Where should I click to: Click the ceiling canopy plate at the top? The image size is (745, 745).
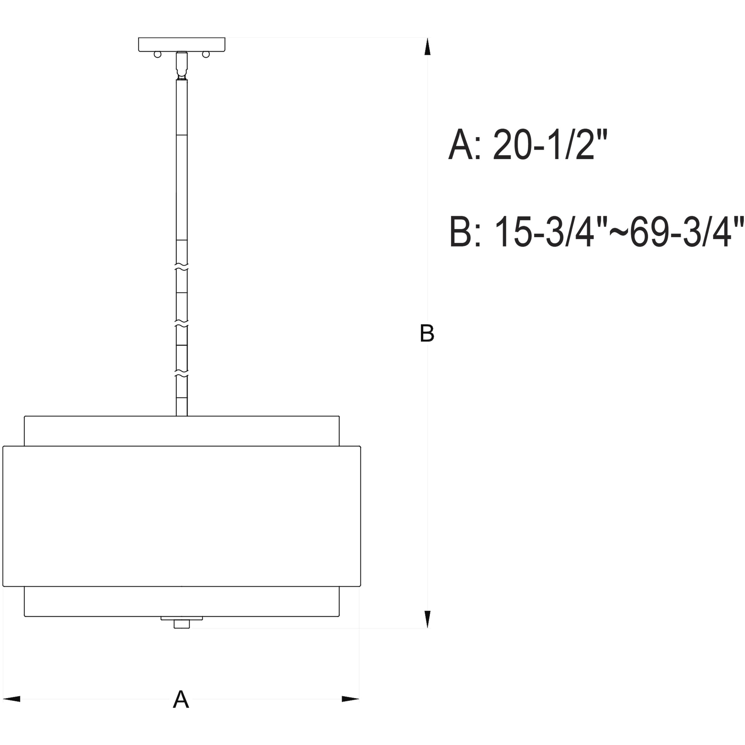(x=182, y=44)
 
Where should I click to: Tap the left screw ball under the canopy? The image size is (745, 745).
(x=157, y=54)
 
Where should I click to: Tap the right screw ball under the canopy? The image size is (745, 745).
(x=206, y=54)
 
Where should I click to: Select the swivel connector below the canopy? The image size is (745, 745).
(x=182, y=65)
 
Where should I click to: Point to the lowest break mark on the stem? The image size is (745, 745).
(x=182, y=375)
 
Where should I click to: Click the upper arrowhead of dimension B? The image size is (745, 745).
(x=427, y=47)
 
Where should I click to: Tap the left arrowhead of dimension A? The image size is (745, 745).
(x=12, y=699)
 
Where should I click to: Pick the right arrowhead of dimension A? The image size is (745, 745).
(x=350, y=699)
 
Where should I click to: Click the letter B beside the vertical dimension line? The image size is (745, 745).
(x=427, y=334)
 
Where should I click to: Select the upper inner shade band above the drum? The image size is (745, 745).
(x=182, y=431)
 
